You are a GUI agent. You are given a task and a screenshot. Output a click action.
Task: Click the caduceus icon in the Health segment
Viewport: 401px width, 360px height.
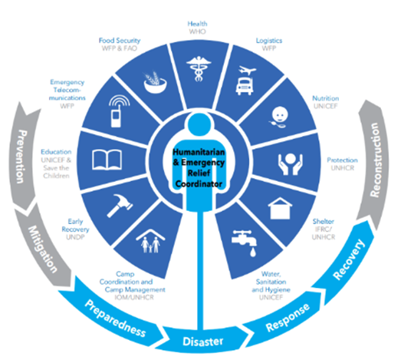tap(199, 68)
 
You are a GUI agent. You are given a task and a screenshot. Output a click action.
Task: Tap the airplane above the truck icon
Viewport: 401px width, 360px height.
tap(247, 70)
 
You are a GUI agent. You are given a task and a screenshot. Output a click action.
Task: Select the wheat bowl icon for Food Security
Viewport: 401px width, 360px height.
tap(155, 82)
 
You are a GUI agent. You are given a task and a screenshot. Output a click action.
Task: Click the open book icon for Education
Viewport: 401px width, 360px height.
tap(107, 160)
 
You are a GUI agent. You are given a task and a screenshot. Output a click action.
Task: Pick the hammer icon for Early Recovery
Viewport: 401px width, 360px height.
tap(120, 206)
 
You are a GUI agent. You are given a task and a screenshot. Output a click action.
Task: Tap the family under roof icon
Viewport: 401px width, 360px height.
tap(150, 241)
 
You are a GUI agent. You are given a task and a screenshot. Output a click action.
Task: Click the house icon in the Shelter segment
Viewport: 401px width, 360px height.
tap(280, 208)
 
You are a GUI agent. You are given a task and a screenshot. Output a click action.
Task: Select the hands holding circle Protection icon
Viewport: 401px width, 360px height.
tap(291, 164)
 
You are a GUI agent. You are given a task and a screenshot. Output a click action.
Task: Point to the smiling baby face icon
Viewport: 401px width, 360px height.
tap(279, 117)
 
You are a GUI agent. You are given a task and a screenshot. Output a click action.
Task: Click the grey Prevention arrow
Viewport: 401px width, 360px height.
tap(25, 156)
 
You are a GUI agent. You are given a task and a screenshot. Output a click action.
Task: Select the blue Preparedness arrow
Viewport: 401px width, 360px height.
tap(113, 316)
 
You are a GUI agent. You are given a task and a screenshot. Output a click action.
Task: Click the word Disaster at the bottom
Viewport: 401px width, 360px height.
tap(203, 342)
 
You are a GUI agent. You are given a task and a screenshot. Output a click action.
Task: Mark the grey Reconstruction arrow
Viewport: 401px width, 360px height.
tap(374, 161)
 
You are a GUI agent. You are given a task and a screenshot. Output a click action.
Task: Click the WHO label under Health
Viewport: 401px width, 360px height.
tap(197, 31)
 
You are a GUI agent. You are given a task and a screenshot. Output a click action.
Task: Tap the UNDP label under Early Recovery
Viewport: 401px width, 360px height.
tap(75, 237)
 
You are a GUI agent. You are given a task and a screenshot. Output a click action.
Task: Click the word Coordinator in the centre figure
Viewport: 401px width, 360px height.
tap(199, 184)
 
